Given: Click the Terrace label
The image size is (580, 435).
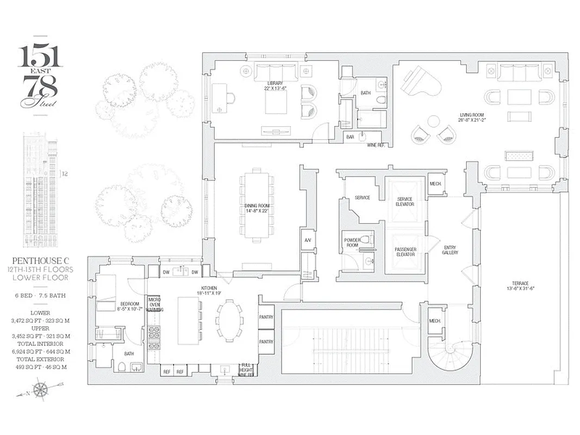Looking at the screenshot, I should (520, 285).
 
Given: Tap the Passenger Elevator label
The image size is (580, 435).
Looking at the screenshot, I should (406, 252).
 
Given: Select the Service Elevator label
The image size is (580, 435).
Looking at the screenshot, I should (405, 201).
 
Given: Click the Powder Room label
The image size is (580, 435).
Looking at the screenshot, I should (352, 243).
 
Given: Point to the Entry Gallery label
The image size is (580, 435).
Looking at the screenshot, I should (450, 250).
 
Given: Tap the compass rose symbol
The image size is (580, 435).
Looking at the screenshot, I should (40, 390).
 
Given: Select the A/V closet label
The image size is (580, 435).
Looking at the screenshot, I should (308, 240).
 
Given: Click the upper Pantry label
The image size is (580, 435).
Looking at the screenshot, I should (266, 317).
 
